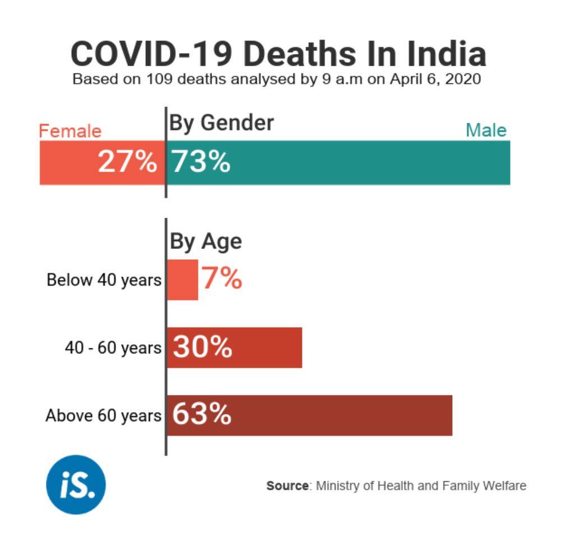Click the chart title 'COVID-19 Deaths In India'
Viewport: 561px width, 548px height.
tap(278, 54)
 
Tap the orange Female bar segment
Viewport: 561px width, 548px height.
tap(67, 163)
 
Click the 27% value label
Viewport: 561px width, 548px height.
tap(127, 163)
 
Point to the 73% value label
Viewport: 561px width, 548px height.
tap(201, 163)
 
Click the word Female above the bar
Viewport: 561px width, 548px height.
tap(70, 131)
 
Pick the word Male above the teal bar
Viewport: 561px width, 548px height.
tap(486, 131)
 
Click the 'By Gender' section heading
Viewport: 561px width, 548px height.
tap(222, 123)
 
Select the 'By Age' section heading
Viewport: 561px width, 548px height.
tap(206, 241)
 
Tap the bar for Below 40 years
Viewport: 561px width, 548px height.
tap(183, 279)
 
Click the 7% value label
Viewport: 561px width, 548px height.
tap(222, 279)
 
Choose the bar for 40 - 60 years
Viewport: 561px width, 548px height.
tap(269, 348)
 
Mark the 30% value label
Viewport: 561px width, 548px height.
tap(202, 348)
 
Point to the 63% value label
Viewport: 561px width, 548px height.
tap(201, 415)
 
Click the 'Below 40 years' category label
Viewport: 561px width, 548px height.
tap(104, 279)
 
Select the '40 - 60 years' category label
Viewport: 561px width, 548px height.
tap(113, 348)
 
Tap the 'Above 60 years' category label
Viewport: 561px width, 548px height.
tap(103, 416)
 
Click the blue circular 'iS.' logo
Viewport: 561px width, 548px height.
tap(76, 485)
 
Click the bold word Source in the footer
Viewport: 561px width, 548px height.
tap(288, 486)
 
